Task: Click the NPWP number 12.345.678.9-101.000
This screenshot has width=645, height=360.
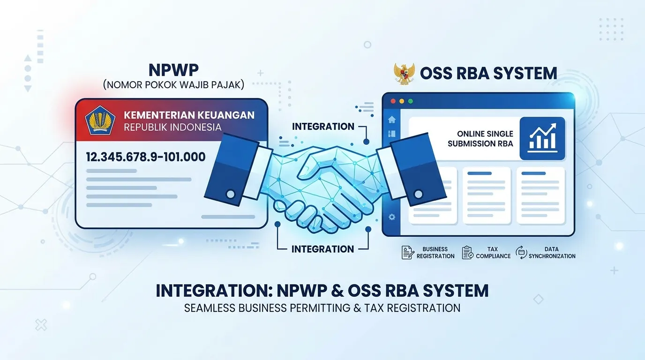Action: click(146, 157)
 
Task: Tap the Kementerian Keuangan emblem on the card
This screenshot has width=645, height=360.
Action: click(100, 120)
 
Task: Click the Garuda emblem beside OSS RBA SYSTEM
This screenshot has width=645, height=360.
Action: click(404, 74)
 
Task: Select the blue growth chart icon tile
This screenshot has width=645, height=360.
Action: click(542, 138)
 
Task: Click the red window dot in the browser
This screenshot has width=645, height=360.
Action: click(393, 101)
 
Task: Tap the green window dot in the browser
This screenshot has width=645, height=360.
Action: click(411, 101)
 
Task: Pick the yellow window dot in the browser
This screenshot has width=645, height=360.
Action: click(402, 101)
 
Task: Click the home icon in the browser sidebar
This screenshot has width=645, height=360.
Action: click(392, 120)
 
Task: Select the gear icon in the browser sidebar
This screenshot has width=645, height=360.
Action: click(392, 217)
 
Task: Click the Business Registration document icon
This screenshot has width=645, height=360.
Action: click(408, 253)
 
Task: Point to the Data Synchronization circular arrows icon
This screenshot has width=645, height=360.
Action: click(521, 253)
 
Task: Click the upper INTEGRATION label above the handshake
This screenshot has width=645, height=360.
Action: click(323, 127)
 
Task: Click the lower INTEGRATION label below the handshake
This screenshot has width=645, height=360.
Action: click(322, 249)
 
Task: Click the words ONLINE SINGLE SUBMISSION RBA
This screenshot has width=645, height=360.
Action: click(480, 139)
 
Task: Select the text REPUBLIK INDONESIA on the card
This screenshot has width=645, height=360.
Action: click(172, 127)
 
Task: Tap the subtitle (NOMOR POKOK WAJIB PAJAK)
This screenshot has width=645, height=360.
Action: click(173, 85)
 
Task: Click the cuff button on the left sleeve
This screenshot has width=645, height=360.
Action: click(231, 194)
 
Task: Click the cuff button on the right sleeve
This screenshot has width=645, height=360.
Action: click(419, 195)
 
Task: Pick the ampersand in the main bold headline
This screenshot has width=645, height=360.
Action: click(337, 291)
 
